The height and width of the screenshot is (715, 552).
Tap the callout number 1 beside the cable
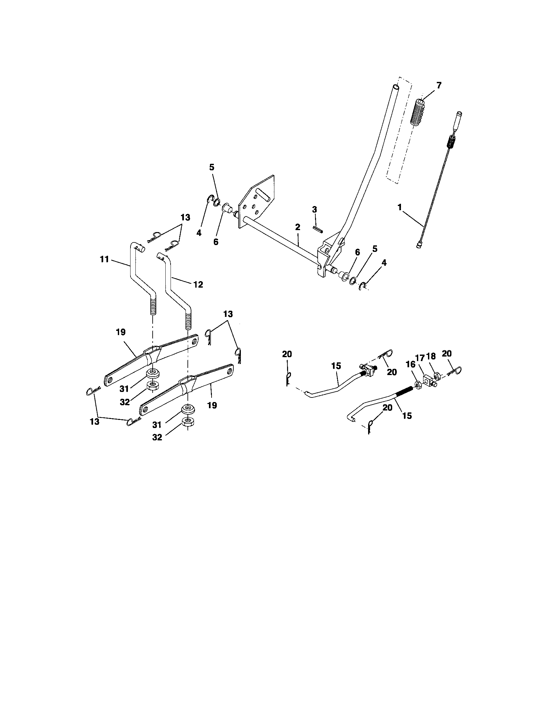tap(399, 207)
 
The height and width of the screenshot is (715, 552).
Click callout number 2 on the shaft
tap(297, 227)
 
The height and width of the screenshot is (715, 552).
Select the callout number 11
tap(104, 260)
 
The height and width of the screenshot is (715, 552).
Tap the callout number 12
tap(198, 284)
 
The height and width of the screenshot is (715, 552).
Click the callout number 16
tap(410, 365)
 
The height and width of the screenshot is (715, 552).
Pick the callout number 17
tap(420, 357)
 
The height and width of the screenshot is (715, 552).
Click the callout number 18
tap(431, 357)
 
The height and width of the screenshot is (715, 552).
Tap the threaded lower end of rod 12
tap(188, 321)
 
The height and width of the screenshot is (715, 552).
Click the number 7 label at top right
tap(439, 86)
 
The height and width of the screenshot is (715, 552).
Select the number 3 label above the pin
tap(314, 210)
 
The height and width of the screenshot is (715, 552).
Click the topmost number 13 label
tap(185, 218)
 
